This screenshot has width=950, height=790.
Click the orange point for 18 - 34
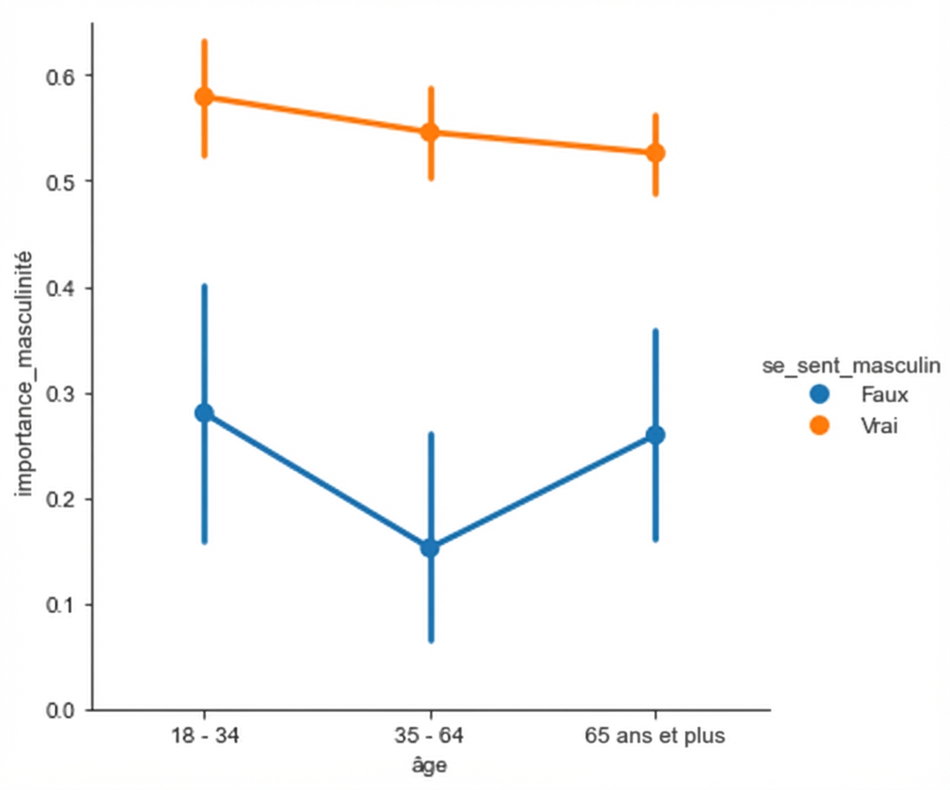click(x=204, y=97)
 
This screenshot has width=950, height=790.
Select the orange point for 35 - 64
click(x=430, y=132)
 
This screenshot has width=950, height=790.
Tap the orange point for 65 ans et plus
click(x=656, y=153)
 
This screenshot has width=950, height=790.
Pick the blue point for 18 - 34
click(x=204, y=413)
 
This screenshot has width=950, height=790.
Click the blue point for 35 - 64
click(x=430, y=548)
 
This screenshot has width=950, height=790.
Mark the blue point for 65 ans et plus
click(x=656, y=435)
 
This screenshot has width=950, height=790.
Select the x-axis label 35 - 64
click(x=430, y=737)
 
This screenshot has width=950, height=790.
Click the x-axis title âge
click(x=430, y=767)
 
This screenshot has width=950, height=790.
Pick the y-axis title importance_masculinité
click(x=25, y=372)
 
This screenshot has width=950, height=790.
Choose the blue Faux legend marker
click(x=820, y=393)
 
